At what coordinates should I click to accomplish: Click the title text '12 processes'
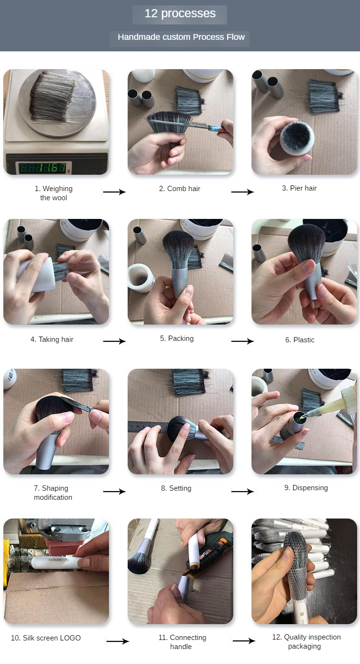(180, 13)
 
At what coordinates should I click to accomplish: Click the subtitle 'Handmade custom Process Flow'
(181, 37)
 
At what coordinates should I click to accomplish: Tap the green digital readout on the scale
(43, 168)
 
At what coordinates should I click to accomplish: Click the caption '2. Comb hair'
(180, 189)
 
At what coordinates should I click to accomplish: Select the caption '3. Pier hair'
(299, 188)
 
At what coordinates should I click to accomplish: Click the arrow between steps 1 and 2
(114, 192)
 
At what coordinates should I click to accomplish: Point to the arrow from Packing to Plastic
(242, 341)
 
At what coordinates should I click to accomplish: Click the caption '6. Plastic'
(300, 340)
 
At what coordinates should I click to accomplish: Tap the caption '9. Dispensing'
(306, 488)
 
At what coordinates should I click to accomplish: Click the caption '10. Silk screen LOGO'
(46, 638)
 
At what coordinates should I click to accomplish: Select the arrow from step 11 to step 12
(244, 641)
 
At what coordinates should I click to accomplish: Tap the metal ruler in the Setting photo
(148, 427)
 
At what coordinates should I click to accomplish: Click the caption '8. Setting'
(176, 488)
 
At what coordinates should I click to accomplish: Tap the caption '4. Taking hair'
(52, 339)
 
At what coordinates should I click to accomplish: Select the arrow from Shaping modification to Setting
(114, 492)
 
